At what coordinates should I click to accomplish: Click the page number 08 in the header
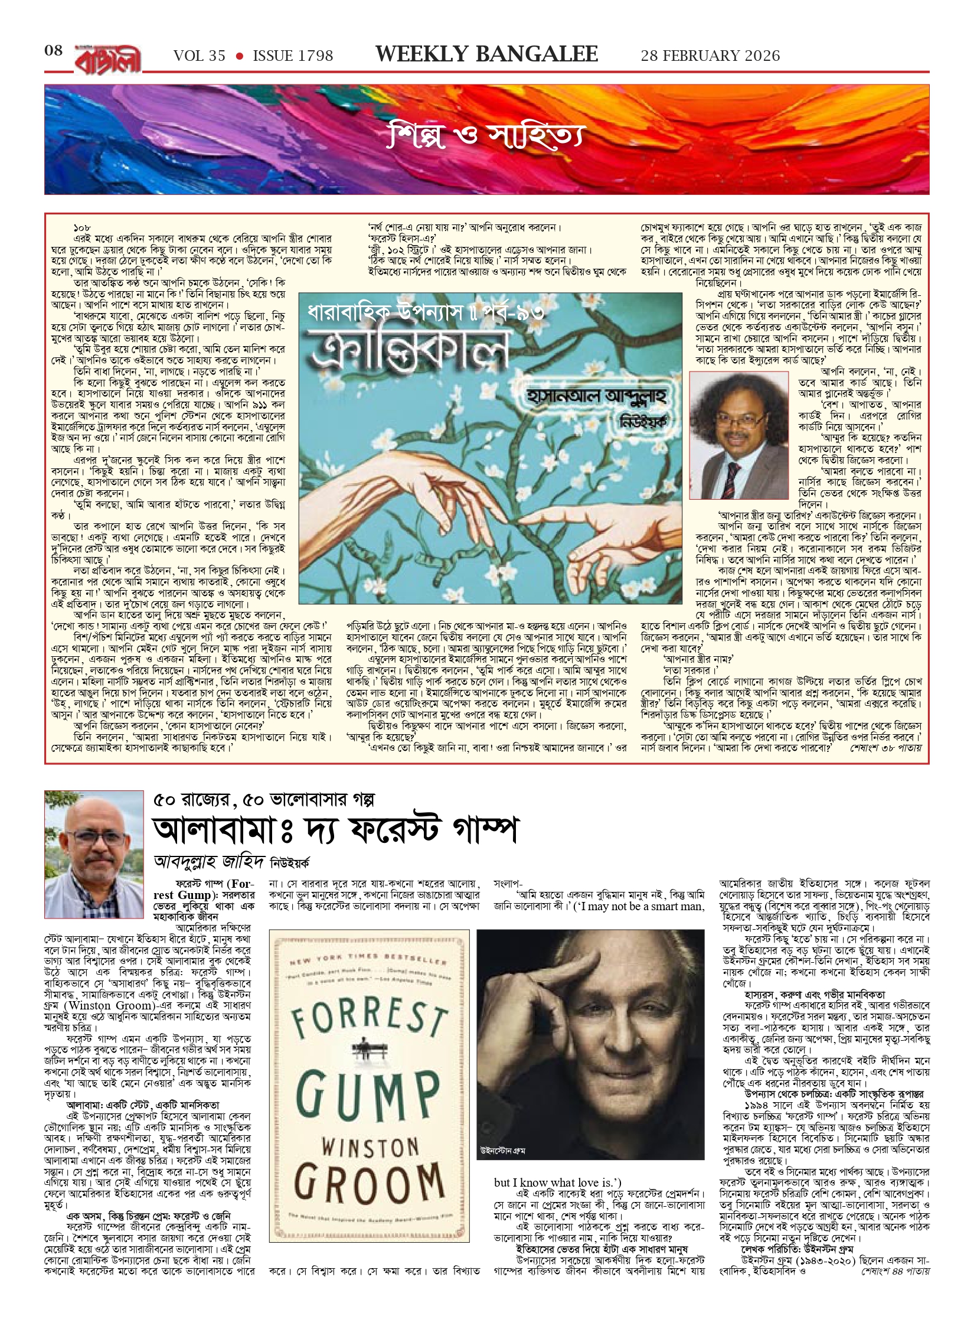tap(54, 51)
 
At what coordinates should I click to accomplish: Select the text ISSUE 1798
tap(293, 56)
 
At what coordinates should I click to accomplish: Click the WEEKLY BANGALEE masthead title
tap(486, 54)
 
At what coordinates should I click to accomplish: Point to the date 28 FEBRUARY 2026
tap(710, 56)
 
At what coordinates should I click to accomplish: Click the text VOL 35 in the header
tap(200, 56)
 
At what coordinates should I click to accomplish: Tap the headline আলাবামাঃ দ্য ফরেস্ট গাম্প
tap(335, 830)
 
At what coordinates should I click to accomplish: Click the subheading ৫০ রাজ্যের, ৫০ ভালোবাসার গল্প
tap(264, 800)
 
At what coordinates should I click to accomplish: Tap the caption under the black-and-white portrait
tap(503, 1151)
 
